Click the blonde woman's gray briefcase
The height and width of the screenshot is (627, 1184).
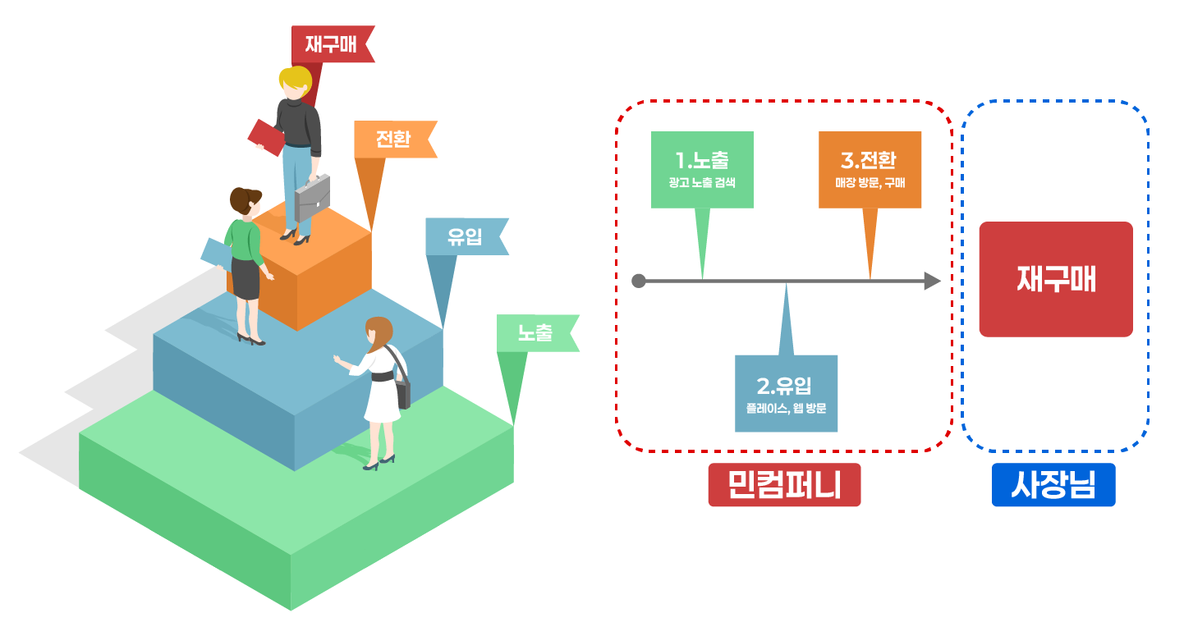pos(312,197)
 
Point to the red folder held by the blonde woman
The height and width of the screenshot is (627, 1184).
pos(266,137)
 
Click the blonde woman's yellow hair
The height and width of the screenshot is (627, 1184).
pos(295,80)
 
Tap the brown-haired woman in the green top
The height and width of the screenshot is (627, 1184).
pos(245,254)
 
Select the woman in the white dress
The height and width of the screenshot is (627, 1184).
pos(380,386)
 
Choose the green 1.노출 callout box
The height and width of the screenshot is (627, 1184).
pos(702,169)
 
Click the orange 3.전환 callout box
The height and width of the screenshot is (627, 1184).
pos(870,169)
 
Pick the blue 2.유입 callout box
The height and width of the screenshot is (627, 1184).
pos(786,393)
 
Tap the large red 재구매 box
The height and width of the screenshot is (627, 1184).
pos(1056,279)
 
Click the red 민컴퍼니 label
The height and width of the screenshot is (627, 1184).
pos(784,484)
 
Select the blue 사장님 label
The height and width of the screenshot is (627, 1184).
pos(1053,484)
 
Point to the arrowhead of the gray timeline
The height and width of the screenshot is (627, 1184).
pos(932,281)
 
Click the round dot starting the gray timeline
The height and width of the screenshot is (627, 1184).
pos(639,281)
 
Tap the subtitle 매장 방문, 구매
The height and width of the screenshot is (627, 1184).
pos(870,182)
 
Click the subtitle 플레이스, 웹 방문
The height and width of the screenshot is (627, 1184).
pos(786,407)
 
